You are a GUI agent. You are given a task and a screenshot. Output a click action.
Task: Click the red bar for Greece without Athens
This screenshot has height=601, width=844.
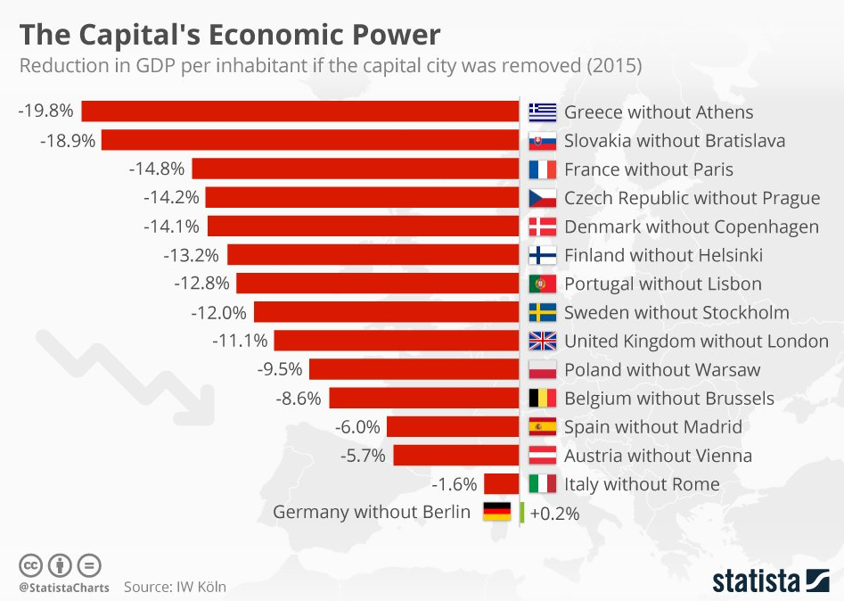pos(300,111)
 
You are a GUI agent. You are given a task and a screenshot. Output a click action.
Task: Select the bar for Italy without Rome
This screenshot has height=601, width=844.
pos(502,484)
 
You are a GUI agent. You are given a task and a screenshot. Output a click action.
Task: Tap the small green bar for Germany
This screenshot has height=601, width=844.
pos(521,513)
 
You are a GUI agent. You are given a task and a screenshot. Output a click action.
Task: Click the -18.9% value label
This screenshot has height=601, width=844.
pos(67,141)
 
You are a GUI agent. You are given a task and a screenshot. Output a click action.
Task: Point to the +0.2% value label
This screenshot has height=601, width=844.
pos(554,514)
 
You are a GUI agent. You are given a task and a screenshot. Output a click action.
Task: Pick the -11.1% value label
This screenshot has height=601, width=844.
pos(240,341)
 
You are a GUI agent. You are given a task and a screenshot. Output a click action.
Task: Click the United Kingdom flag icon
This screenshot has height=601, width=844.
pos(542,341)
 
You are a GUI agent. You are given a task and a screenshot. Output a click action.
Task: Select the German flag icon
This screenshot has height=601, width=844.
pos(496,512)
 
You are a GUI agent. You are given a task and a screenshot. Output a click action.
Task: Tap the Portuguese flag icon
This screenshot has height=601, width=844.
pos(542,284)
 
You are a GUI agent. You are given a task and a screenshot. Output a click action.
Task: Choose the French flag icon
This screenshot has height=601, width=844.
pos(542,169)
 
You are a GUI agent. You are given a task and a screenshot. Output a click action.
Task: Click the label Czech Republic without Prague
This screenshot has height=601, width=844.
pos(692,198)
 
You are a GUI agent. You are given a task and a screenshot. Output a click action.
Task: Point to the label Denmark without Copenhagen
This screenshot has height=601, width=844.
pos(691,226)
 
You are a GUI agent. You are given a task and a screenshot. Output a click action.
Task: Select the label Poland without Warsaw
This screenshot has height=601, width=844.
pos(662,369)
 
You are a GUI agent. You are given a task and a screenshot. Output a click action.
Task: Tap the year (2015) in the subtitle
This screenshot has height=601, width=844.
pos(613,67)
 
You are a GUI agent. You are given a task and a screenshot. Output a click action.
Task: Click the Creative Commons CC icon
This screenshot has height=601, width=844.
pos(30,565)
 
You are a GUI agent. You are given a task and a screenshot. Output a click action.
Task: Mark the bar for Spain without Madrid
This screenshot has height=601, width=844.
pos(453,426)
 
